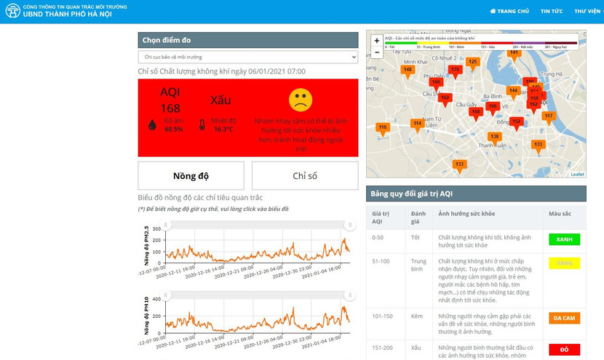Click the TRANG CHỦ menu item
509,11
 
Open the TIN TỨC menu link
551,11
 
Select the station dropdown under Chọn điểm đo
248,57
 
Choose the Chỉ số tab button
305,176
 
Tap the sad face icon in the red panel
301,100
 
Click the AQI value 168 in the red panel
170,108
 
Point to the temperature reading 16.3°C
223,129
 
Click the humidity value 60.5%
173,129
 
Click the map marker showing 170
456,71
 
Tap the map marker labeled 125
473,63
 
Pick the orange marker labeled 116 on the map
383,128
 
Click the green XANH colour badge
564,239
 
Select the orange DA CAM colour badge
564,318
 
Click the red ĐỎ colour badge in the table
564,349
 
